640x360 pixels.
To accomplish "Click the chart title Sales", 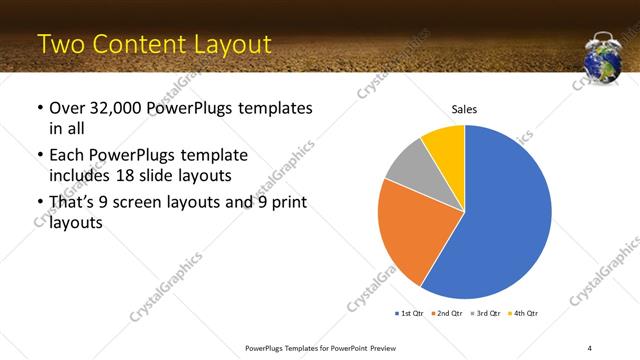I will pos(464,108).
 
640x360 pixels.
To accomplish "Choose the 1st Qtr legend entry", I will pos(409,314).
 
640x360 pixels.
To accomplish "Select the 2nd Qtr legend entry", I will pos(446,314).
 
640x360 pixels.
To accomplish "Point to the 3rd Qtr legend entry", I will pos(484,314).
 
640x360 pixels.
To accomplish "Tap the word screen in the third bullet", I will pos(143,203).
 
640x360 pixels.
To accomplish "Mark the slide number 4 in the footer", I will pos(589,347).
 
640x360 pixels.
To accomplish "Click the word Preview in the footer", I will pos(377,347).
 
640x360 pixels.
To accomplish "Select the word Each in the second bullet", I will pos(67,156).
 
